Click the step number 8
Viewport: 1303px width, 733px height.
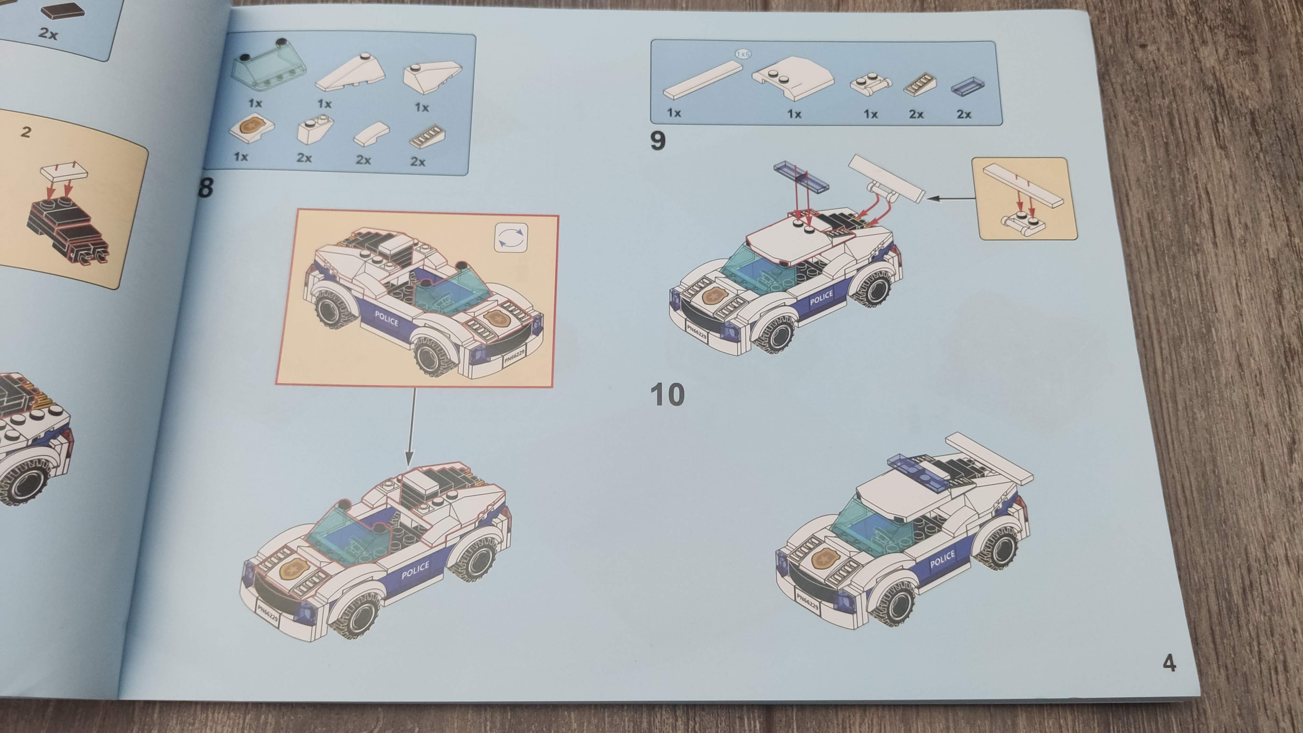coord(205,188)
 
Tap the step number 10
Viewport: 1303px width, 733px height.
coord(667,395)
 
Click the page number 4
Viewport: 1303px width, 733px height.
coord(1169,662)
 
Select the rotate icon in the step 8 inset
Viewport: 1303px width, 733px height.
coord(511,237)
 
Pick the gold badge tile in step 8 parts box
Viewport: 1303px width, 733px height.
coord(251,128)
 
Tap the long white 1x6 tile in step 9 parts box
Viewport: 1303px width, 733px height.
coord(703,80)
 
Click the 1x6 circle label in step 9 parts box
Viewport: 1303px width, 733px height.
coord(743,54)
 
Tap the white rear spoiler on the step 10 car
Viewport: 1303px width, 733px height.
coord(989,458)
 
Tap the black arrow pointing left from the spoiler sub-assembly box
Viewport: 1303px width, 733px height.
coord(952,198)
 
